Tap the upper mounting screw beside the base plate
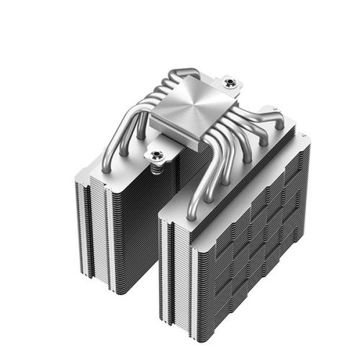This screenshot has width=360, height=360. [230, 84]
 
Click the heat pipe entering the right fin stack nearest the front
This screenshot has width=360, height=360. [192, 209]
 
